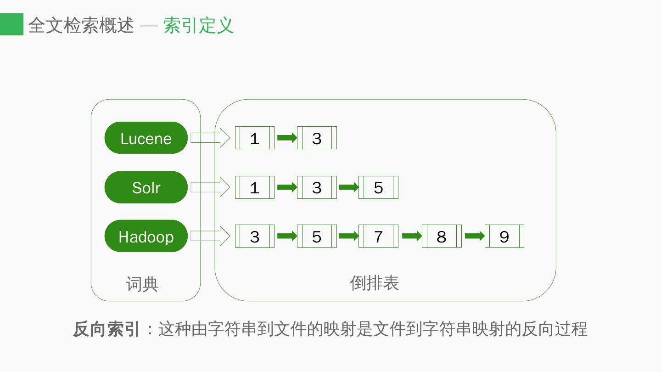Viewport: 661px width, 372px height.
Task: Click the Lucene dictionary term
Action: [x=146, y=138]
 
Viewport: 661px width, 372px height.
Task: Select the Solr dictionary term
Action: [x=146, y=187]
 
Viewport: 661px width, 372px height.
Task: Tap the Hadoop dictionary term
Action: [x=146, y=237]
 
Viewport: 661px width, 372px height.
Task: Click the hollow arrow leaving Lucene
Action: [x=210, y=138]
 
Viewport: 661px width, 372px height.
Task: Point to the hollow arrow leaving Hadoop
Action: [x=210, y=236]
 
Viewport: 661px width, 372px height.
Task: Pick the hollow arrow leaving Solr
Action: [x=210, y=187]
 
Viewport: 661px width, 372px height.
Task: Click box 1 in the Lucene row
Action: [x=255, y=138]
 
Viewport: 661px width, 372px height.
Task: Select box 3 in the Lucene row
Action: [x=317, y=138]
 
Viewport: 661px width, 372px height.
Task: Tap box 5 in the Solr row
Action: [x=378, y=187]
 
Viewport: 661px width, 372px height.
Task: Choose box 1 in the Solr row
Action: [x=255, y=187]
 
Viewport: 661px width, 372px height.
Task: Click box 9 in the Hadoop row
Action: [x=504, y=237]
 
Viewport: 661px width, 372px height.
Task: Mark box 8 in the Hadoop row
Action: [x=442, y=237]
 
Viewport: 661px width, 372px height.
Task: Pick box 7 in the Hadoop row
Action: [x=378, y=237]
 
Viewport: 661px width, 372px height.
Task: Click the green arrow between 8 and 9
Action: [x=475, y=236]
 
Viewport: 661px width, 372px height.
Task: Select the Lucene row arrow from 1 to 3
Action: [x=287, y=138]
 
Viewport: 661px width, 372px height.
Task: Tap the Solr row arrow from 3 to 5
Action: [x=349, y=187]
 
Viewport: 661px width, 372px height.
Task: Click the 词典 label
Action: [x=142, y=284]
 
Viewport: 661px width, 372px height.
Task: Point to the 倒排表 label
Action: [x=374, y=283]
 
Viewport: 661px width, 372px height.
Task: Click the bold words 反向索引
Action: [x=106, y=329]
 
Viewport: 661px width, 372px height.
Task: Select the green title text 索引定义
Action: [x=199, y=25]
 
